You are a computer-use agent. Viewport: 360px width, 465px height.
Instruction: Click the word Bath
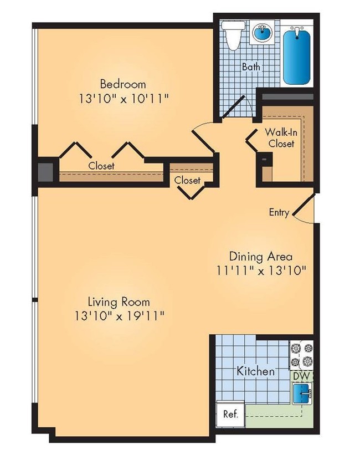click(x=251, y=68)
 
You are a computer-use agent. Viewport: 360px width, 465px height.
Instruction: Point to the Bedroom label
click(x=123, y=84)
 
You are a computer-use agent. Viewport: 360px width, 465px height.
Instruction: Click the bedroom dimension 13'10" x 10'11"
click(x=123, y=99)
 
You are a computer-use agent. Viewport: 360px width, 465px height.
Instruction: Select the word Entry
click(x=279, y=213)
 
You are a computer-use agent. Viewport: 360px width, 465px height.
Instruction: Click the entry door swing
click(x=302, y=211)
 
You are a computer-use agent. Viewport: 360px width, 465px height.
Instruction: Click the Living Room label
click(x=119, y=302)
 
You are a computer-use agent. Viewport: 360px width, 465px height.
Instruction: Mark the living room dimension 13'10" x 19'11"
click(x=119, y=316)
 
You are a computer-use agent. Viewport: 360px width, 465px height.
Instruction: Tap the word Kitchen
click(x=255, y=371)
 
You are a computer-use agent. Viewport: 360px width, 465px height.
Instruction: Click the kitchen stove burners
click(x=301, y=355)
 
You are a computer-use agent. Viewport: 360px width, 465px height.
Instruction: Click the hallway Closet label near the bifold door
click(x=187, y=180)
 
